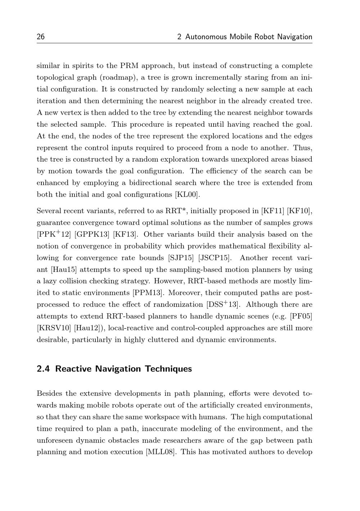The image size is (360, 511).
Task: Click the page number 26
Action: tap(41, 37)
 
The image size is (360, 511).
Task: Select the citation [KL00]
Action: tap(187, 195)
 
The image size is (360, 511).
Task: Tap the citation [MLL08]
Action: tap(161, 452)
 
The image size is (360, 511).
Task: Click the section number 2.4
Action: tap(44, 369)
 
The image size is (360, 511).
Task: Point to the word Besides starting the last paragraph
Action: tap(49, 394)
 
